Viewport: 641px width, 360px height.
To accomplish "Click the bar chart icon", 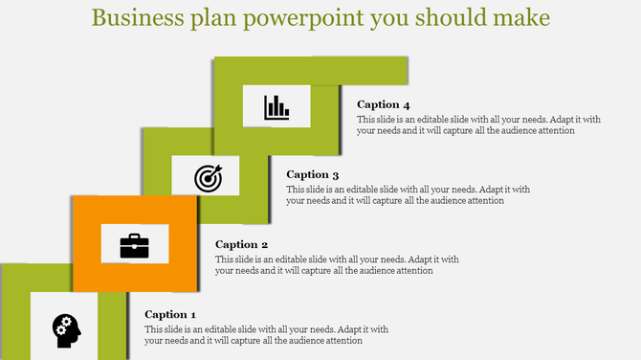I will (276, 105).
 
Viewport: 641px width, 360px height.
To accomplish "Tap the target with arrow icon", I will (207, 176).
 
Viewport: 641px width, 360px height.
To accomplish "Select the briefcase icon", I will (134, 246).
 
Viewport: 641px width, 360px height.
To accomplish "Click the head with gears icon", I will (66, 329).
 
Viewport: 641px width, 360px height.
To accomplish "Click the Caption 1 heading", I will (170, 314).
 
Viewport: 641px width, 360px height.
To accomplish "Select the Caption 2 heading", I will (241, 244).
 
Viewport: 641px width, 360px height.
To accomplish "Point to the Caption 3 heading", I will (313, 174).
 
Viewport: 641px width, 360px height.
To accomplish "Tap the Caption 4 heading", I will (384, 104).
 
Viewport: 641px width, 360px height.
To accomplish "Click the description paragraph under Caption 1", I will (254, 334).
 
